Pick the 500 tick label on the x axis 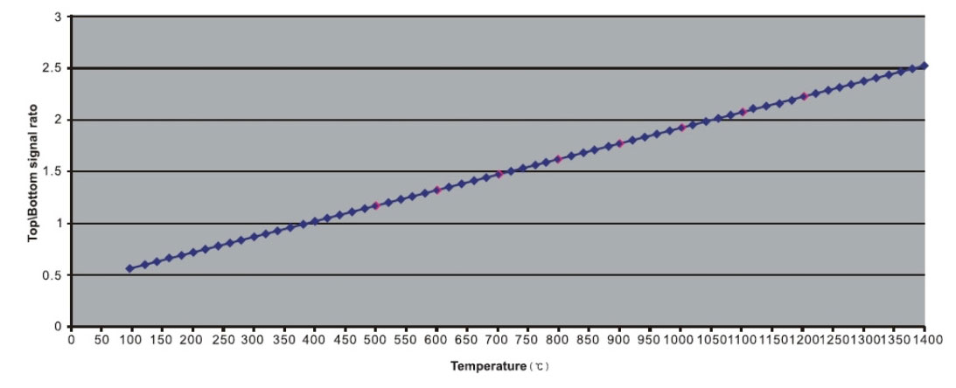pyautogui.click(x=375, y=339)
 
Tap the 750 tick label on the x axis pyautogui.click(x=527, y=339)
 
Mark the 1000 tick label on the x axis pyautogui.click(x=680, y=339)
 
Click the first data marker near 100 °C pyautogui.click(x=129, y=268)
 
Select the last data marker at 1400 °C pyautogui.click(x=925, y=65)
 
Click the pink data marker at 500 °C pyautogui.click(x=376, y=205)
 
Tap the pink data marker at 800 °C pyautogui.click(x=558, y=159)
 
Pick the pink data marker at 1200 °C pyautogui.click(x=804, y=96)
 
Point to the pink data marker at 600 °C pyautogui.click(x=437, y=190)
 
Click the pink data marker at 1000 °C pyautogui.click(x=681, y=128)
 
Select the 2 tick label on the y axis pyautogui.click(x=57, y=120)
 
